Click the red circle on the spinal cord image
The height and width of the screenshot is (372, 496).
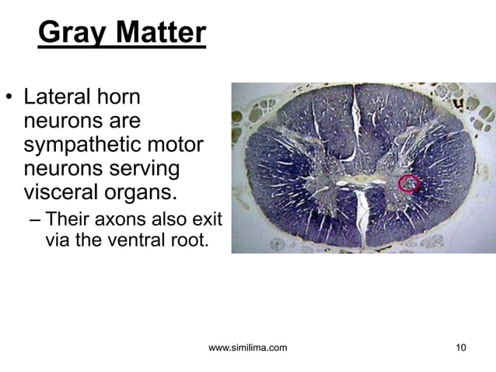[x=409, y=184]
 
